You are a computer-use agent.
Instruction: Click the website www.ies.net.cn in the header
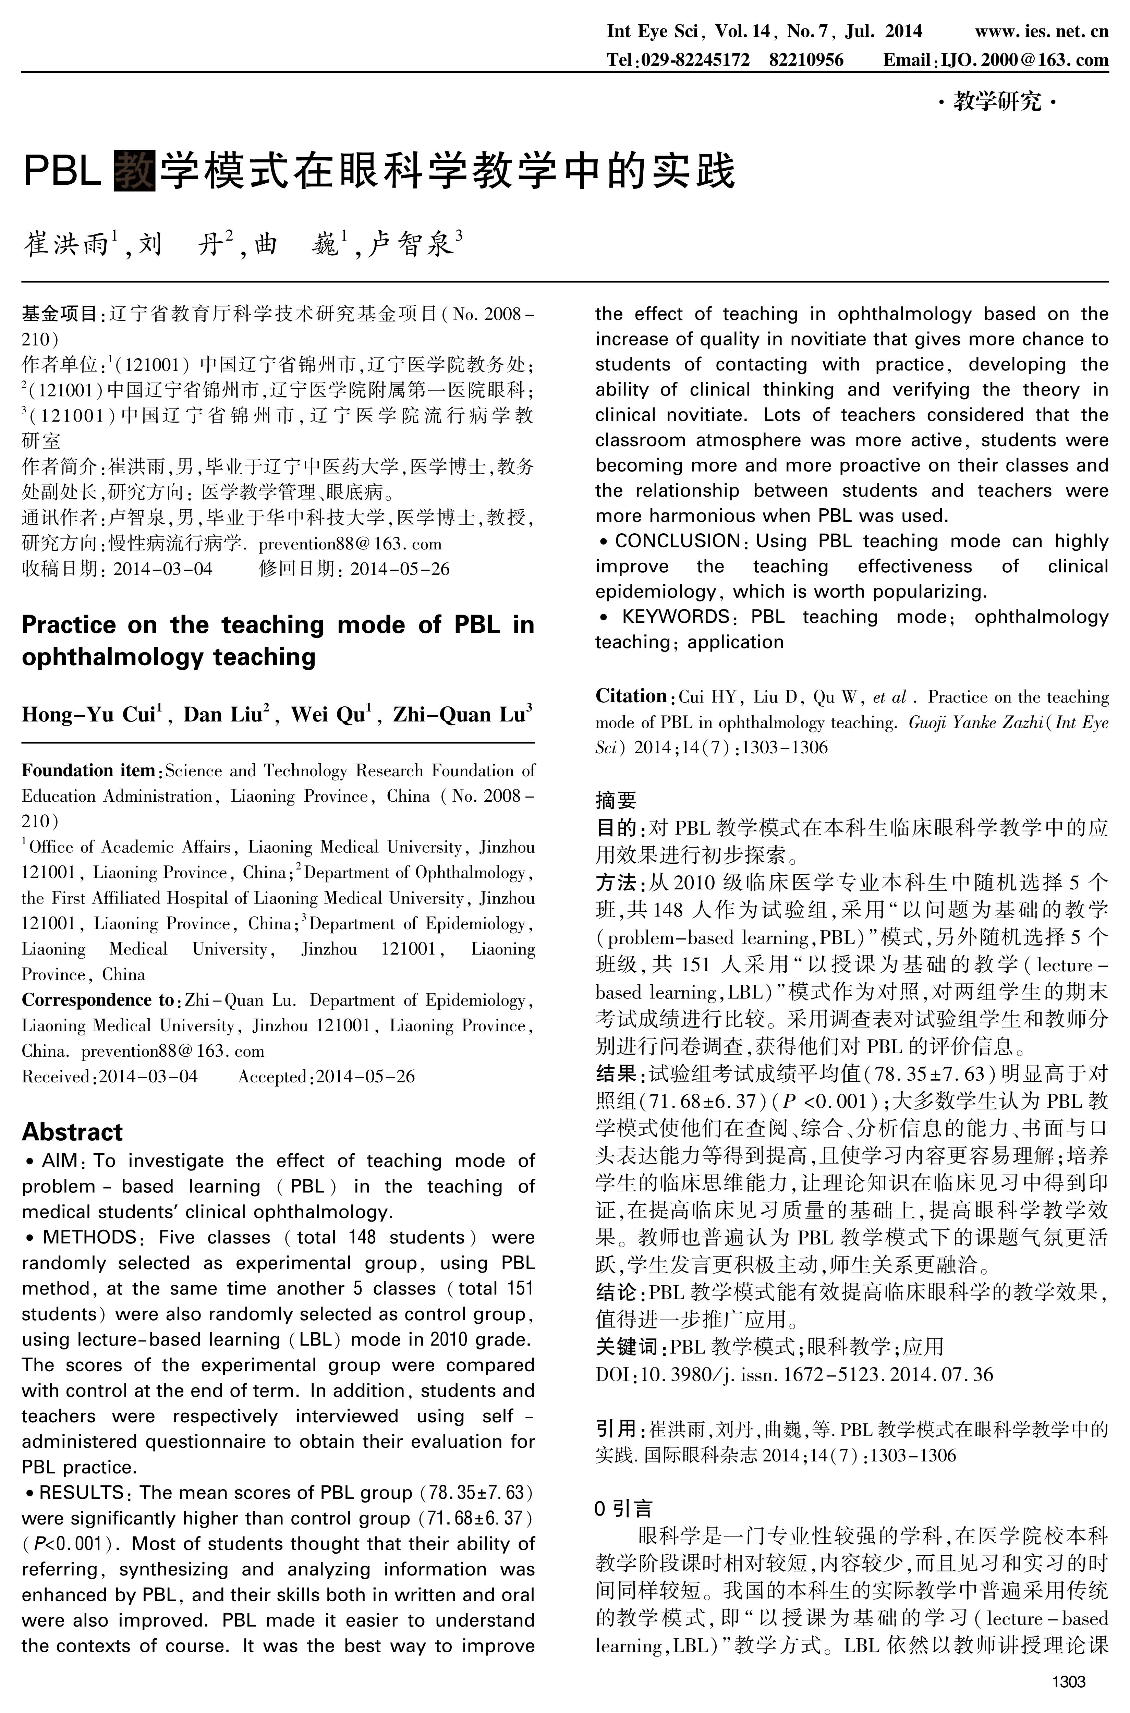(1041, 31)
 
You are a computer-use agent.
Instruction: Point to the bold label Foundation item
(88, 770)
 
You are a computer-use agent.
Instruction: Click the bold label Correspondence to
(97, 1000)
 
